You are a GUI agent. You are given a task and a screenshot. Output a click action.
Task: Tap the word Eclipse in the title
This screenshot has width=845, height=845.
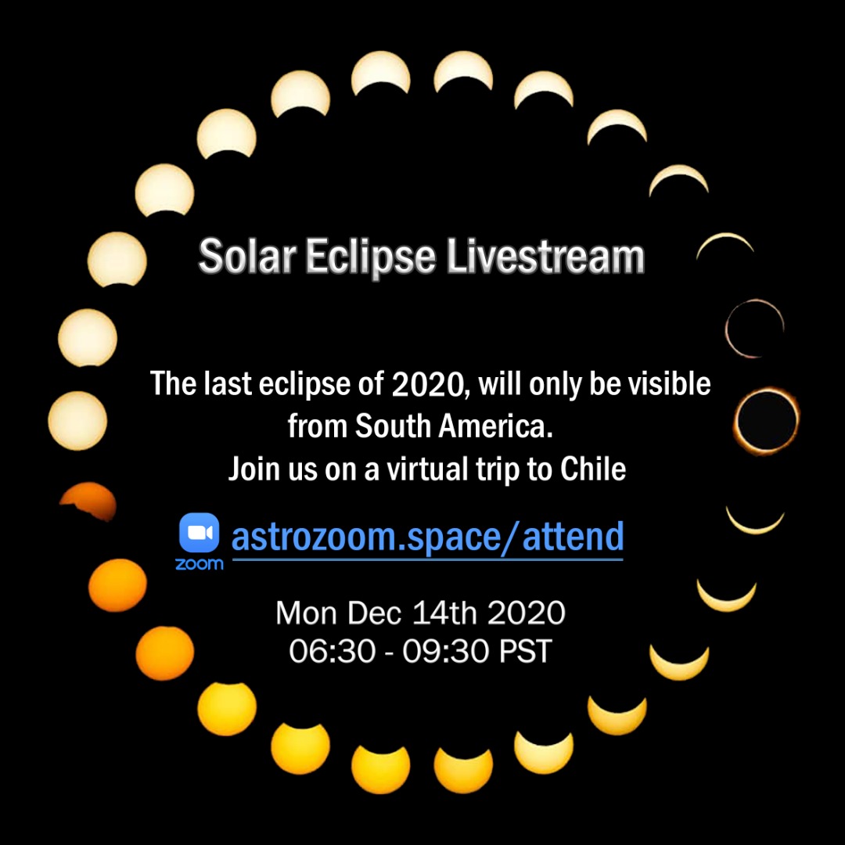pos(371,257)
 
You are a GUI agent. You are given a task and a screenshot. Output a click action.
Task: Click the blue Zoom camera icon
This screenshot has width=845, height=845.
pos(199,533)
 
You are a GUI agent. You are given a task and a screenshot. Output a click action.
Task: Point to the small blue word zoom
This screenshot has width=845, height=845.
pos(199,564)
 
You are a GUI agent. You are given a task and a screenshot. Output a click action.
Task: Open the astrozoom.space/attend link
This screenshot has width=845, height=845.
pos(427,537)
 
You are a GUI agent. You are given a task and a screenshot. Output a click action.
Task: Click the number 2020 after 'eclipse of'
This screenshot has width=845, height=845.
pos(427,384)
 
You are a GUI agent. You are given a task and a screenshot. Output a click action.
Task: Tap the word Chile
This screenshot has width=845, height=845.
pos(593,469)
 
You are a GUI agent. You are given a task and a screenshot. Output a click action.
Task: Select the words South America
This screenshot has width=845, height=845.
pos(454,426)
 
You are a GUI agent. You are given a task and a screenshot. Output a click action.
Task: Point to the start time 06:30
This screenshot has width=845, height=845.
pos(332,651)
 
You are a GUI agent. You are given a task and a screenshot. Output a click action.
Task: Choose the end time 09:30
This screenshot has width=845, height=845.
pos(445,651)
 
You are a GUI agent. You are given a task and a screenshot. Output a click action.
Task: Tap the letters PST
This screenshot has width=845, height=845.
pos(526,651)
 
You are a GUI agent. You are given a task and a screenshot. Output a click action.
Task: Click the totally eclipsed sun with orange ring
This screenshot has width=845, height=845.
pos(766,420)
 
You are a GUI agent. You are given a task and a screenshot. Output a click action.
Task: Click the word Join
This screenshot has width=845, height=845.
pos(252,469)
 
